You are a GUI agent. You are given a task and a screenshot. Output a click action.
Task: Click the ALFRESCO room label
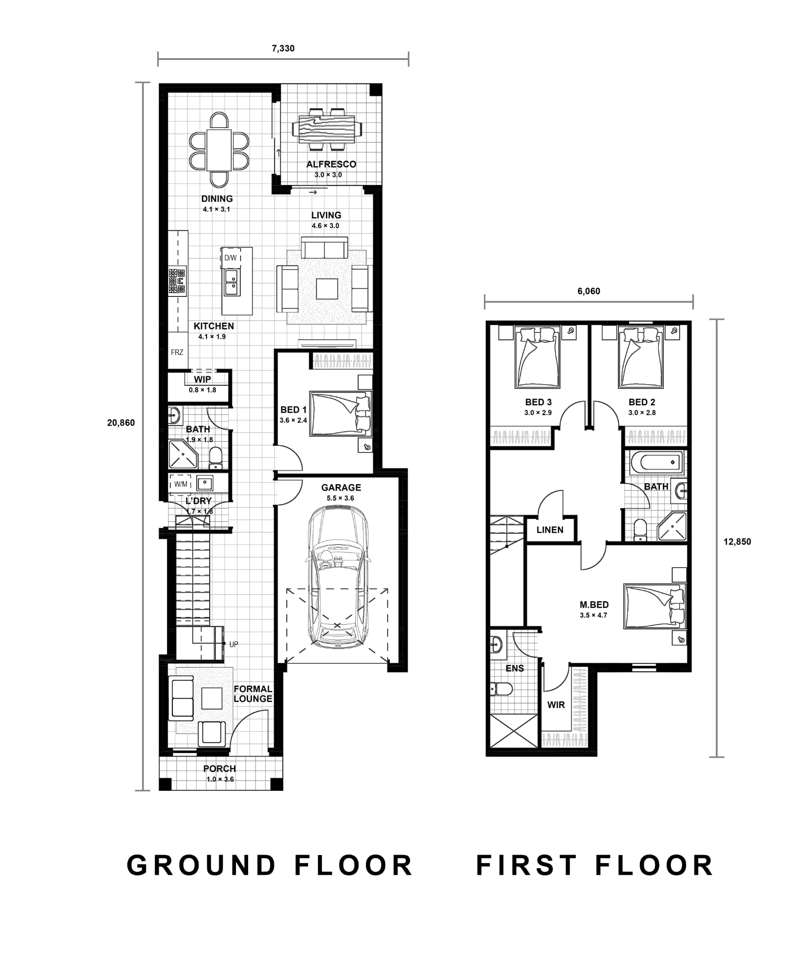tap(331, 164)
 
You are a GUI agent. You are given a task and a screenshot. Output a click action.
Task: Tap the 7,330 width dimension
tap(283, 48)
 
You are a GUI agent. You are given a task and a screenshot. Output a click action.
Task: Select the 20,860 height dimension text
tap(121, 423)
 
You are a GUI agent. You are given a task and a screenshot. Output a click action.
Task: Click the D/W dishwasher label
tap(230, 258)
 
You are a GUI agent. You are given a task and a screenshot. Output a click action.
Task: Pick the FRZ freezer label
tap(177, 352)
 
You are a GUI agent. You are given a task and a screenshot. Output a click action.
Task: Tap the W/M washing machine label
tap(181, 484)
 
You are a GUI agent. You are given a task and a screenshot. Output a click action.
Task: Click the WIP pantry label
tap(202, 379)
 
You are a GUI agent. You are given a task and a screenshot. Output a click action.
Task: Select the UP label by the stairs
tap(234, 644)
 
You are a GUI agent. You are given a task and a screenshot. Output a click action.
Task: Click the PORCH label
tap(220, 768)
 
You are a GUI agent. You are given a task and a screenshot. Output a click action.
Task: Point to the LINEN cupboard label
tap(550, 530)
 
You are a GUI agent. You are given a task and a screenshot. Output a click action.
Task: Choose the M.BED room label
tap(594, 605)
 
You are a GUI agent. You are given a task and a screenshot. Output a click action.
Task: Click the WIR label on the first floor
tap(556, 705)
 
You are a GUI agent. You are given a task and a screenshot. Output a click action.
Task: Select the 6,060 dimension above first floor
tap(589, 291)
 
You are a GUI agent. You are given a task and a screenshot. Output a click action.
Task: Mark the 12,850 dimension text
tap(737, 542)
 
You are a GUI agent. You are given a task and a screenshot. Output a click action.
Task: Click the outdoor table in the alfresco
tap(327, 129)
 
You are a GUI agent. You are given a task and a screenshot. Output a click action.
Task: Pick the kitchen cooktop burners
tap(177, 281)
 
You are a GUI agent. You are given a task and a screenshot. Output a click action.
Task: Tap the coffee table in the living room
tap(327, 288)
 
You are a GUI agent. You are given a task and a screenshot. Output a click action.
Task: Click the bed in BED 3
tap(537, 357)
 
